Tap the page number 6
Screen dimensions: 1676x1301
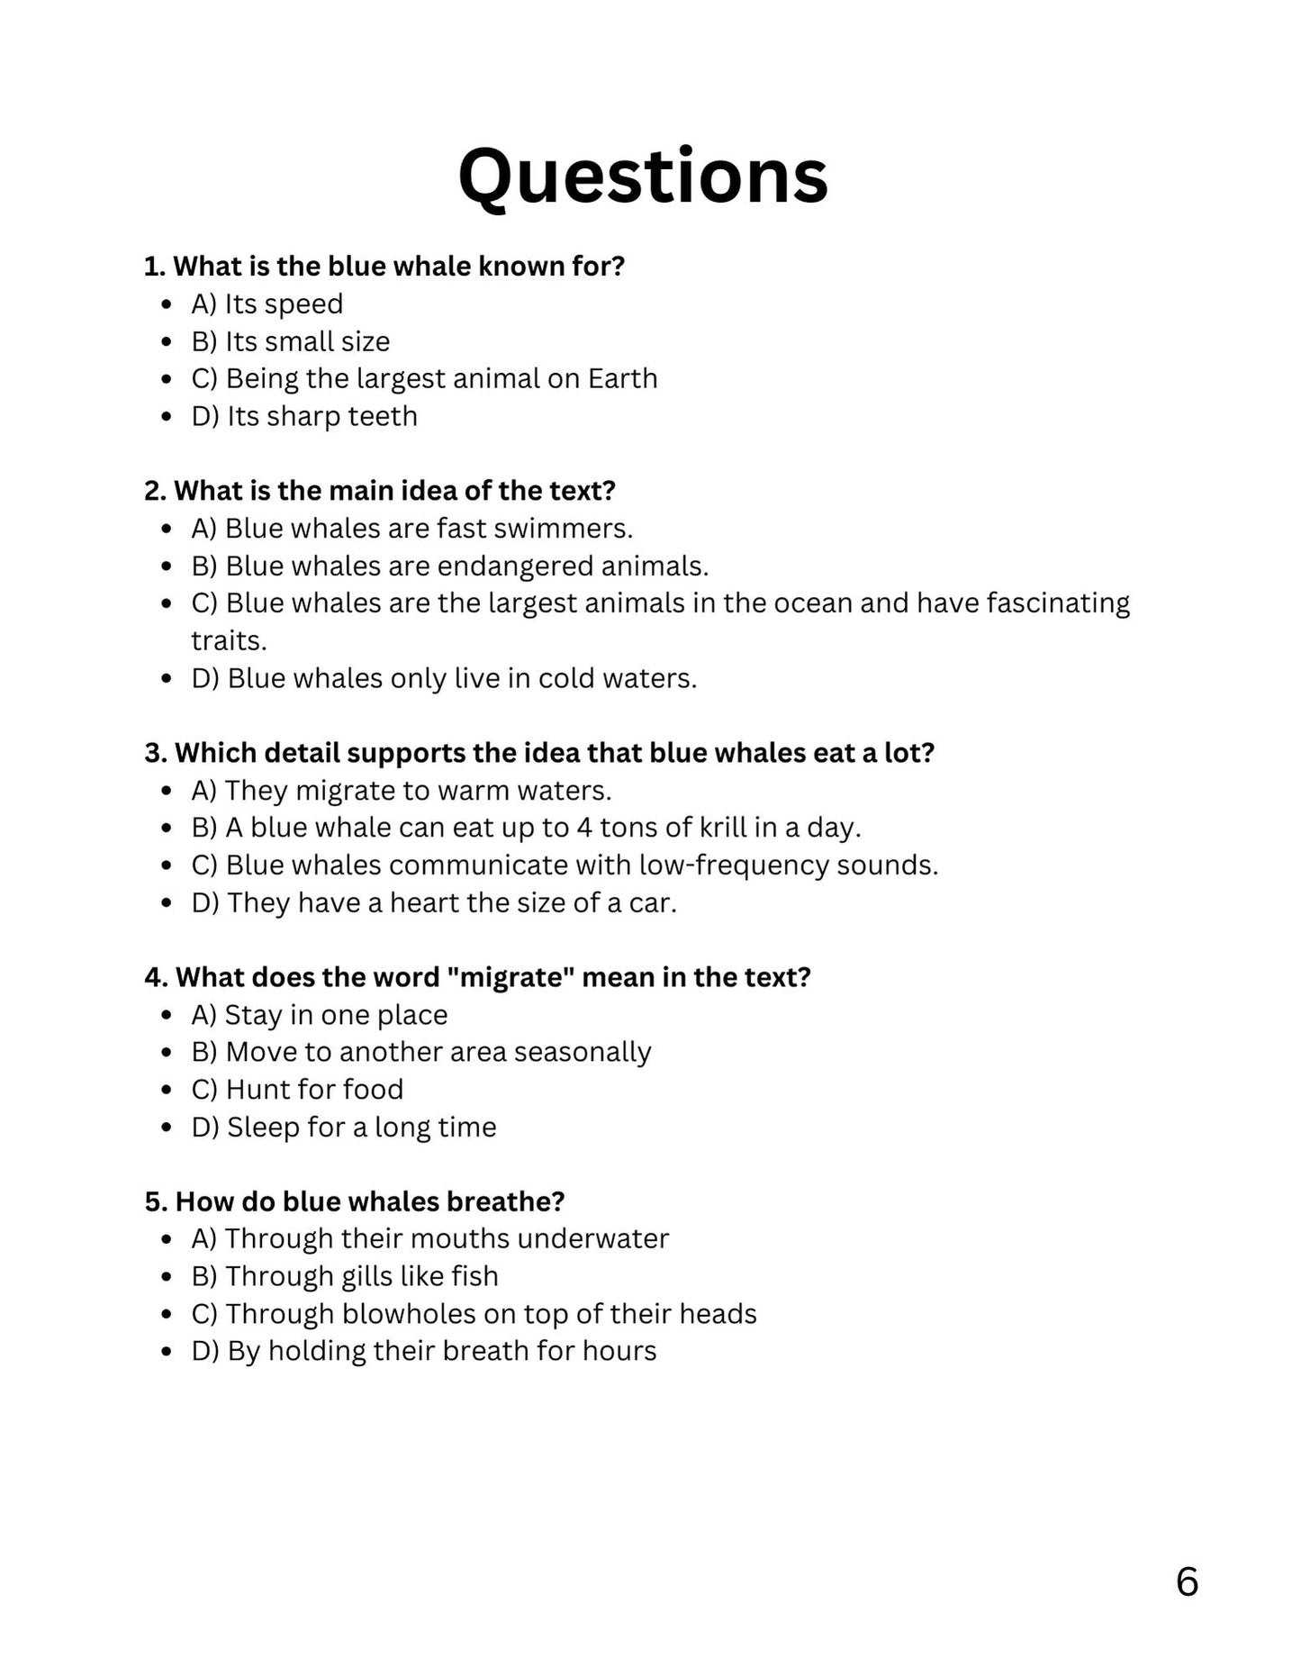click(1187, 1581)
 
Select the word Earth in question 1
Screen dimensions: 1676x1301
click(622, 378)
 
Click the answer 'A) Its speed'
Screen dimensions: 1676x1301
click(267, 304)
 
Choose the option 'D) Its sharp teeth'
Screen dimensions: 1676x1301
click(304, 416)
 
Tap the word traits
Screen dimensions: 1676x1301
click(229, 641)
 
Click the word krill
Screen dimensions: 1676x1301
click(726, 828)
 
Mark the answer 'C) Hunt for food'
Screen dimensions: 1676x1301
click(297, 1090)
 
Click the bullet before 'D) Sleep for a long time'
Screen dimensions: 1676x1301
click(166, 1128)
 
